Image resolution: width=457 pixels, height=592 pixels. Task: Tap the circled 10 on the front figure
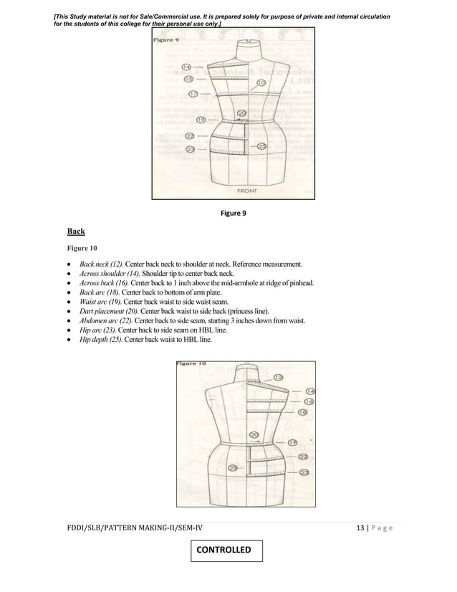click(x=261, y=83)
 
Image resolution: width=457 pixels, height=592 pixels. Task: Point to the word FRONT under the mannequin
click(x=249, y=191)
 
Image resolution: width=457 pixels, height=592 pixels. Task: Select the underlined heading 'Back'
click(x=76, y=231)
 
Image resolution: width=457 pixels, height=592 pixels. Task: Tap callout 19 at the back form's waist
click(x=292, y=443)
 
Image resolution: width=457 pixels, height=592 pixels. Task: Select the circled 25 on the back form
click(x=234, y=468)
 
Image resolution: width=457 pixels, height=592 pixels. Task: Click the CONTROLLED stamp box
click(x=227, y=550)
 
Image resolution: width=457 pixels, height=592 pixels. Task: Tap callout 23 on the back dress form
click(x=304, y=472)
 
